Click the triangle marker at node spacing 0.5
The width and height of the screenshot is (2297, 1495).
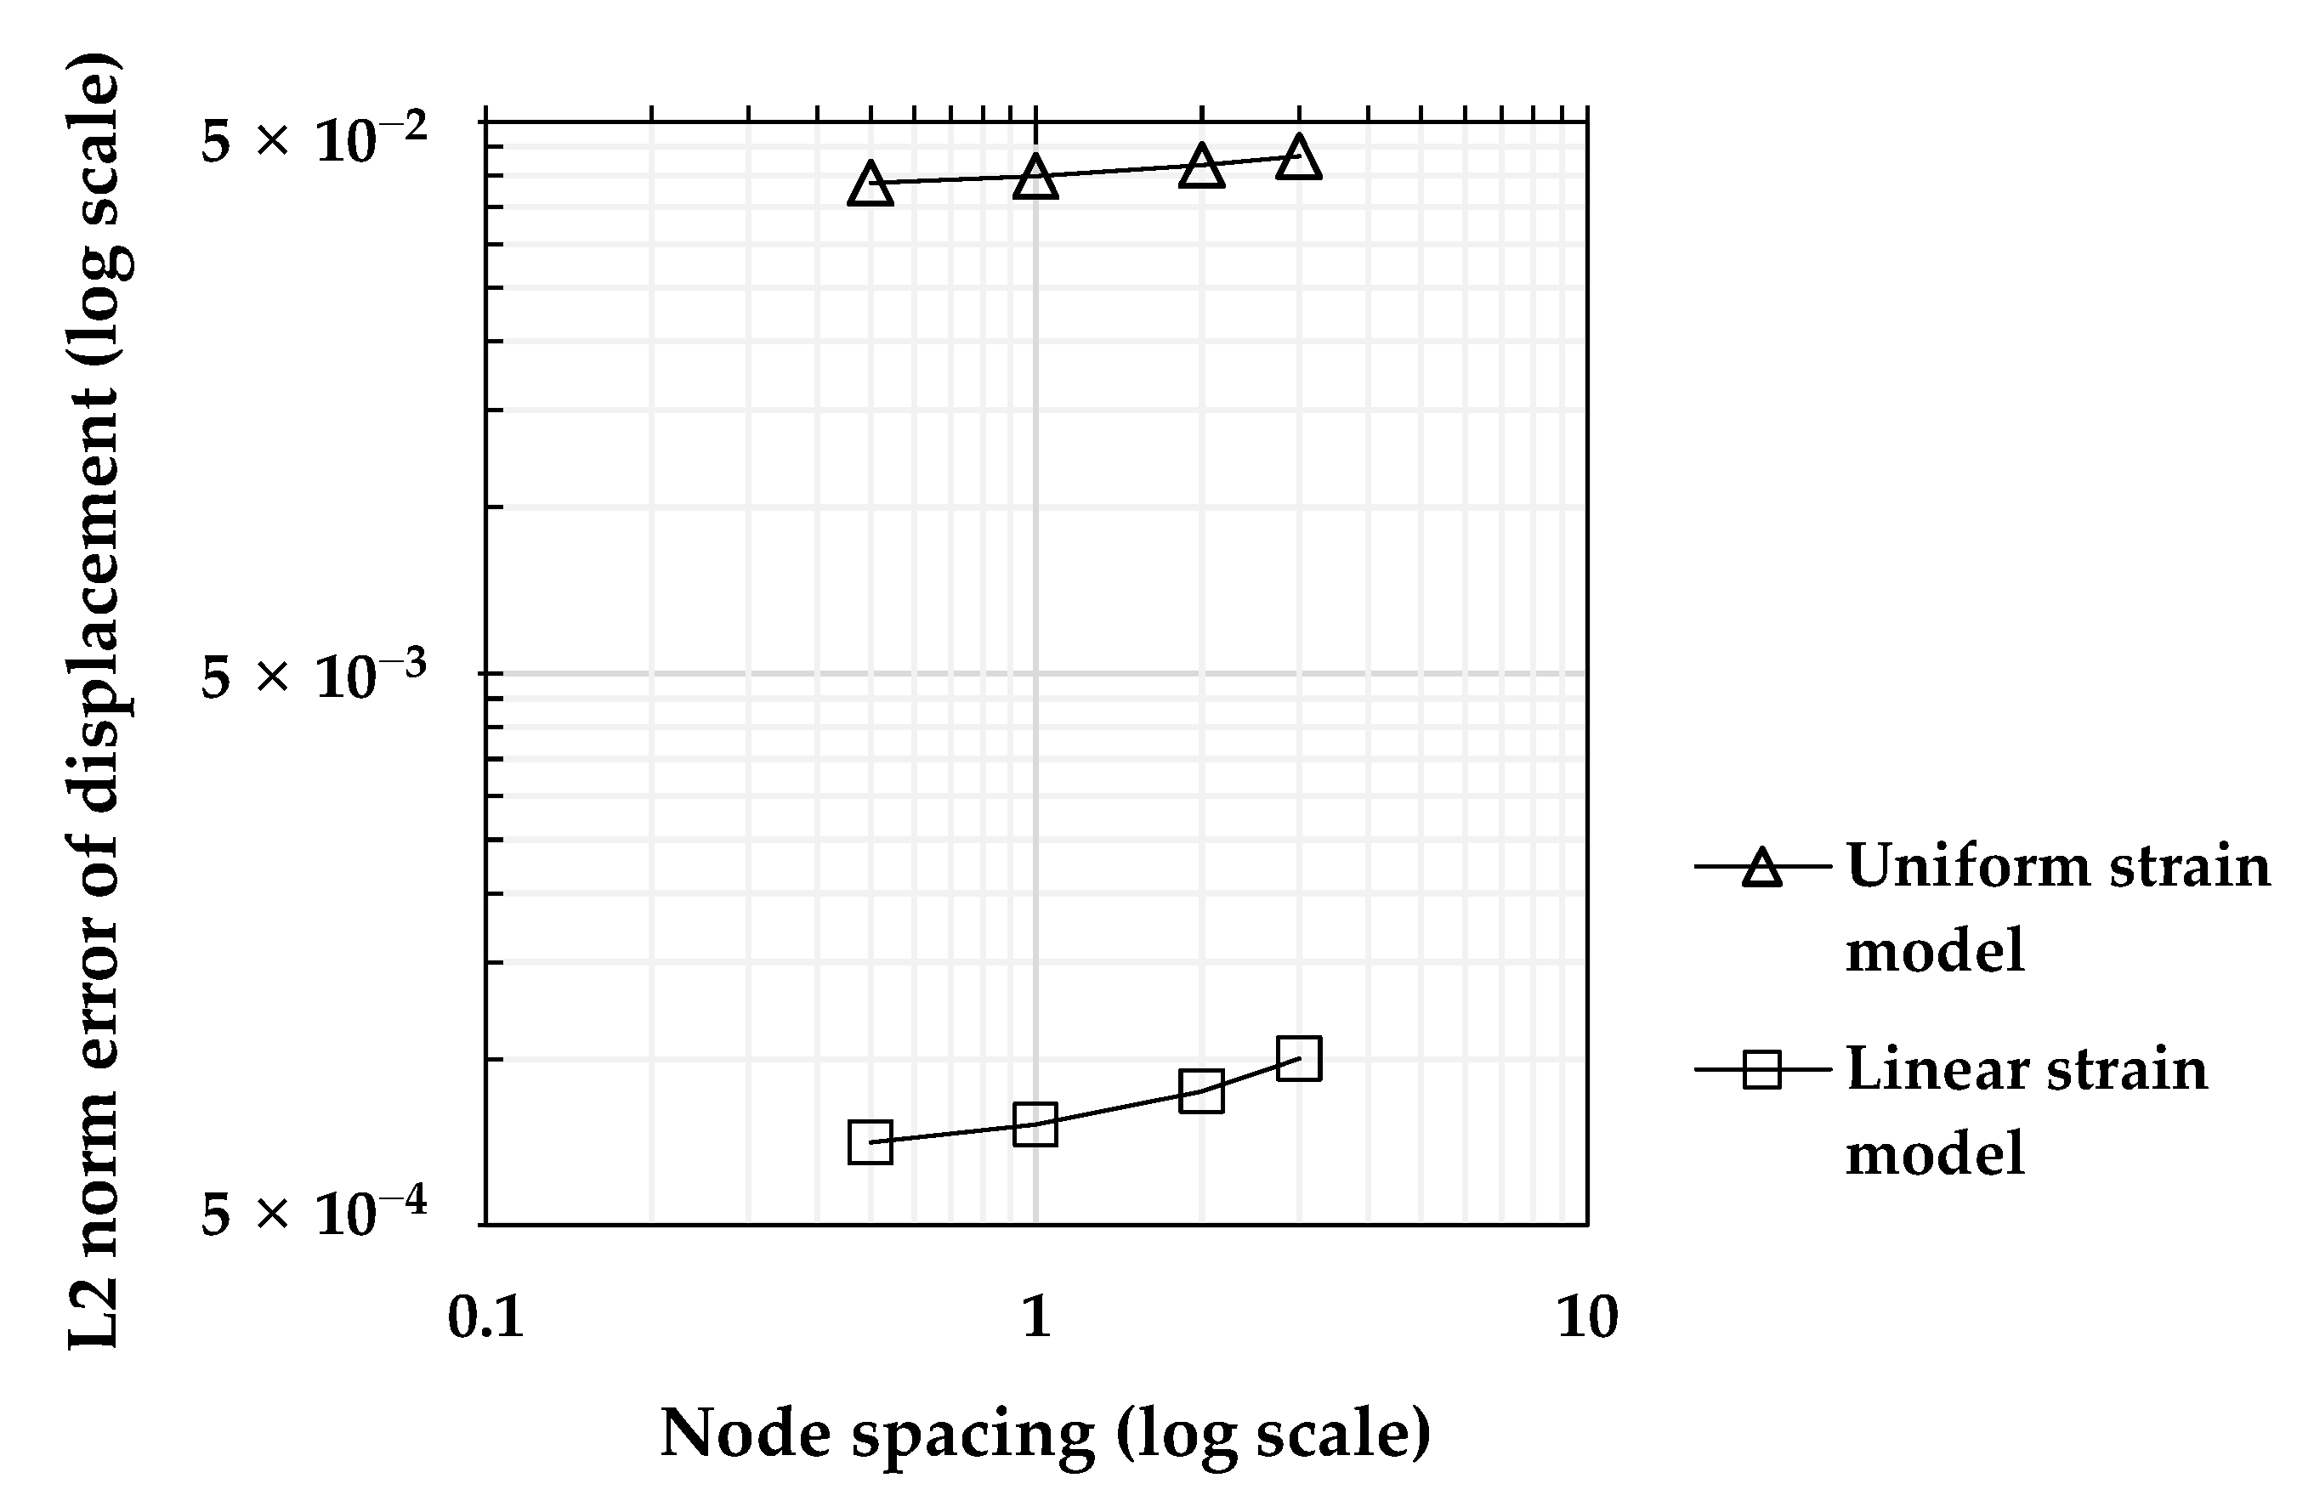click(x=870, y=184)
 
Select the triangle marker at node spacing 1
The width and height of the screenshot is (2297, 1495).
click(x=1035, y=178)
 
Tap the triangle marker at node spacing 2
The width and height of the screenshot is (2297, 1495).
click(x=1201, y=167)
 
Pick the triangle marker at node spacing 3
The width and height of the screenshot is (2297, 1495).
click(x=1299, y=158)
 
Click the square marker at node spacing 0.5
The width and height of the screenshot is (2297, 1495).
click(x=870, y=1141)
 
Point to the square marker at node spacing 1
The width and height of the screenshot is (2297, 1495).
click(x=1035, y=1124)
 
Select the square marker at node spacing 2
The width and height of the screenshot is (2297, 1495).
click(x=1201, y=1090)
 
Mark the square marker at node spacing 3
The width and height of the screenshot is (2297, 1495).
click(x=1299, y=1059)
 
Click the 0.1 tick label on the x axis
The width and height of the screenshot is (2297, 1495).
click(x=485, y=1316)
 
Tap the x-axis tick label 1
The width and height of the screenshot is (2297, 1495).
click(x=1035, y=1316)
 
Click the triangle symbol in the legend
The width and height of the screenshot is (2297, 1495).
click(x=1762, y=867)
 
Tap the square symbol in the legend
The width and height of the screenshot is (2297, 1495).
click(x=1762, y=1069)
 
